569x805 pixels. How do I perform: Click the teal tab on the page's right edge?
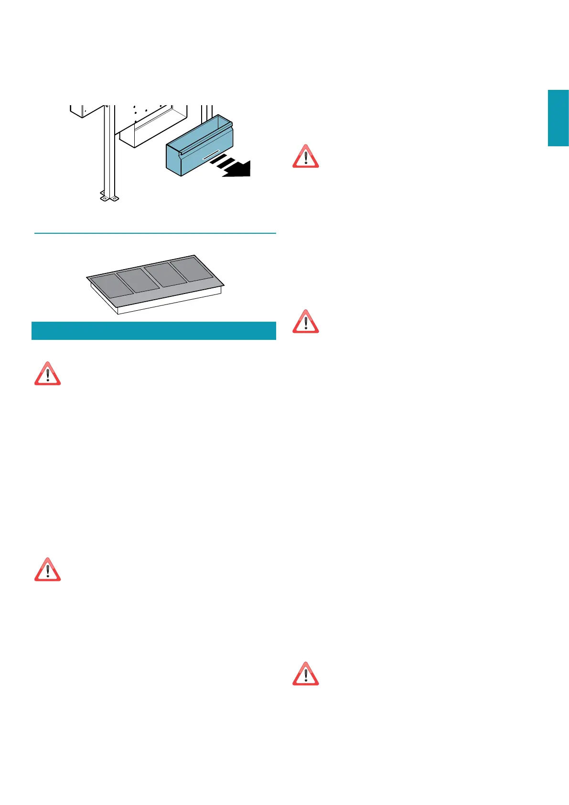pyautogui.click(x=558, y=118)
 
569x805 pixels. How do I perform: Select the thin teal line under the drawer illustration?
pyautogui.click(x=155, y=233)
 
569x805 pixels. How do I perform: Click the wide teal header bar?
pyautogui.click(x=153, y=331)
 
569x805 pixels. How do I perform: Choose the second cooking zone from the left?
pyautogui.click(x=139, y=281)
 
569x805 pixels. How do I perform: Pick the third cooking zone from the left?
pyautogui.click(x=166, y=274)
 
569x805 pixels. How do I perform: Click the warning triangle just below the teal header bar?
pyautogui.click(x=47, y=374)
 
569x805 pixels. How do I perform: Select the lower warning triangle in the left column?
pyautogui.click(x=47, y=570)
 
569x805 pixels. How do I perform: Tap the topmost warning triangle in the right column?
pyautogui.click(x=306, y=156)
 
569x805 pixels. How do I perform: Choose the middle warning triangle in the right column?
pyautogui.click(x=306, y=321)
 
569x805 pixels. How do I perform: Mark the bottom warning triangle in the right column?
pyautogui.click(x=306, y=674)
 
